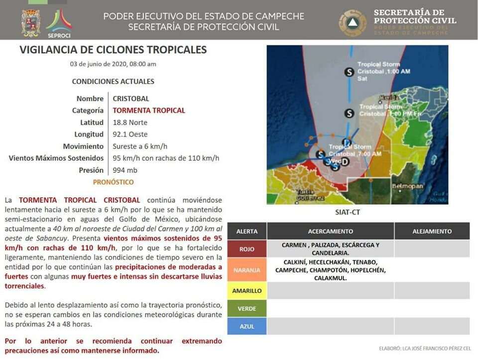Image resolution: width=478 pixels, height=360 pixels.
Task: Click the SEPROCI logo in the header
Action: (x=59, y=23)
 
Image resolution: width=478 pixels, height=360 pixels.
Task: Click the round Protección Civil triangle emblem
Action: (x=353, y=23)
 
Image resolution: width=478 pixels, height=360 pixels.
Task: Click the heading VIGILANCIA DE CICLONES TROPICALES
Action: (x=113, y=50)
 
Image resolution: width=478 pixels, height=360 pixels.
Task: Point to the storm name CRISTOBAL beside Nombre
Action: (x=131, y=99)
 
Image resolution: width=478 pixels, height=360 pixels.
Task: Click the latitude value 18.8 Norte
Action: (x=130, y=122)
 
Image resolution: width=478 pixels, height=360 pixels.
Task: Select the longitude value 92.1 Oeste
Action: (x=130, y=134)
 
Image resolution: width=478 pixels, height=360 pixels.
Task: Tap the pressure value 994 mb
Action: (x=125, y=170)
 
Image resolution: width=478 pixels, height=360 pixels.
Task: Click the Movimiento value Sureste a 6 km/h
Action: (x=140, y=146)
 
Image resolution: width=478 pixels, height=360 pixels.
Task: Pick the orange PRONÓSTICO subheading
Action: (x=113, y=182)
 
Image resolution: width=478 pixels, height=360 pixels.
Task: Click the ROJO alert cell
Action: (x=246, y=249)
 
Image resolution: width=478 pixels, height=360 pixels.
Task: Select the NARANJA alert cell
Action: (x=246, y=270)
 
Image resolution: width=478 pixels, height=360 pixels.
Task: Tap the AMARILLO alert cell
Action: (x=246, y=290)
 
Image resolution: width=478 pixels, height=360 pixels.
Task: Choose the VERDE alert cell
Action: (x=246, y=309)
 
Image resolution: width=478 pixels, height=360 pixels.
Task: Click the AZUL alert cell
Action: (x=246, y=326)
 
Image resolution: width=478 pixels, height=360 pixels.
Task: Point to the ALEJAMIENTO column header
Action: (x=432, y=231)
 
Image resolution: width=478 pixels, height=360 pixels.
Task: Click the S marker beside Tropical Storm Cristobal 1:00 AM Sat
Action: (x=350, y=72)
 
